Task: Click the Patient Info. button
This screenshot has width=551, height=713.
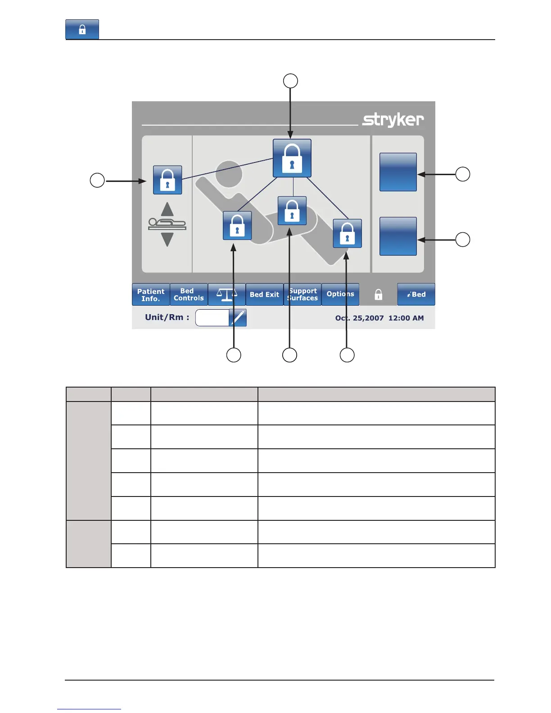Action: tap(151, 295)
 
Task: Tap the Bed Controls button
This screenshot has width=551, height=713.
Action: tap(189, 295)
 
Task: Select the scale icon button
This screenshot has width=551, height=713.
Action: tap(226, 295)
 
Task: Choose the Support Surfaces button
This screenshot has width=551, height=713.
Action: tap(303, 295)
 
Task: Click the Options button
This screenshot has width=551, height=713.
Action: tap(340, 294)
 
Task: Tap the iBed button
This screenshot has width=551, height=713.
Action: tap(416, 295)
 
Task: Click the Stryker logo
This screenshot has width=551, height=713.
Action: tap(393, 120)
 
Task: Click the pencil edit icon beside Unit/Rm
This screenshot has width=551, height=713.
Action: tap(238, 318)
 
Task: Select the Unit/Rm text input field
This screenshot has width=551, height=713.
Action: tap(212, 318)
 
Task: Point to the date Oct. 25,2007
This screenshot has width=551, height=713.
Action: tap(359, 318)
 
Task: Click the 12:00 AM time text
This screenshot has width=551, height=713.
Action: tap(406, 318)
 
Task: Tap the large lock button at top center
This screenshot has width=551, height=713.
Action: tap(292, 158)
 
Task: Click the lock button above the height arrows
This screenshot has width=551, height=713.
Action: tap(167, 180)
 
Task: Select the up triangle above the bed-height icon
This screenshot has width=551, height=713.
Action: tap(167, 209)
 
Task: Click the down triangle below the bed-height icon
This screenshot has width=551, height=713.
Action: tap(167, 239)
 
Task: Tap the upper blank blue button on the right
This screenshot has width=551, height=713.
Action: tap(398, 172)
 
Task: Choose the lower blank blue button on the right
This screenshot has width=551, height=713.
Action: tap(398, 236)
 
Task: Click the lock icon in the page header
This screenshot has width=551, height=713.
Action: tap(82, 30)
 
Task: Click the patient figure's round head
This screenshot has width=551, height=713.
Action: tap(229, 174)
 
